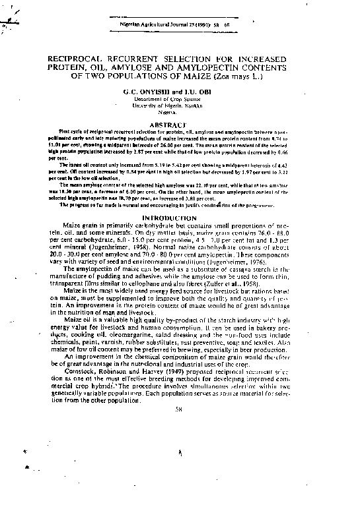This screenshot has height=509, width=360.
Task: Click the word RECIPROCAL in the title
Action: pyautogui.click(x=77, y=58)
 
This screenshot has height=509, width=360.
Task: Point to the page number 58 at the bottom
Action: pyautogui.click(x=179, y=409)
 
